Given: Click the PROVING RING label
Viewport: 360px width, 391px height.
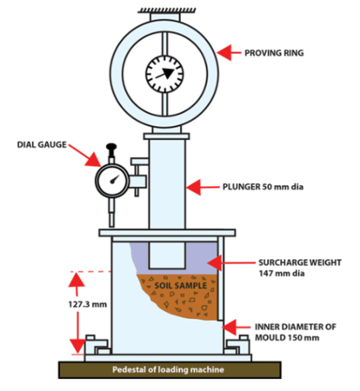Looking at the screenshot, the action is click(x=274, y=53).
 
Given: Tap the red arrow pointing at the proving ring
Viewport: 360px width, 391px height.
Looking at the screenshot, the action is click(x=229, y=53).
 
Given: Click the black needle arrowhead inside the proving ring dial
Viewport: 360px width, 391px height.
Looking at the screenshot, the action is click(x=168, y=73).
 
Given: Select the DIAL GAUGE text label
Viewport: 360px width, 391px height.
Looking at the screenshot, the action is click(x=42, y=144).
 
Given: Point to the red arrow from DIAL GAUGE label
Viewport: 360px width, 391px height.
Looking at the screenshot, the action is click(x=84, y=156).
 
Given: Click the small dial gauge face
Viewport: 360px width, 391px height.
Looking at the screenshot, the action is click(x=112, y=180).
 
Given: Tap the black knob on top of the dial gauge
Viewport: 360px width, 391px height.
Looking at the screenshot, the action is click(x=111, y=147).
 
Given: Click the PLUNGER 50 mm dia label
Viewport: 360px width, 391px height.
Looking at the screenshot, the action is click(x=263, y=187).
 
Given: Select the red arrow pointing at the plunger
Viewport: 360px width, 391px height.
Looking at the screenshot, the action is click(x=203, y=187).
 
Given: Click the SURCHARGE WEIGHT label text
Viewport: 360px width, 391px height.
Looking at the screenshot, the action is click(x=300, y=262).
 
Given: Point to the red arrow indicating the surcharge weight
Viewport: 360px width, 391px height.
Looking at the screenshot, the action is click(x=231, y=263).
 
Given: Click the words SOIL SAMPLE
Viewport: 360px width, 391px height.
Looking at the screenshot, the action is click(x=181, y=286).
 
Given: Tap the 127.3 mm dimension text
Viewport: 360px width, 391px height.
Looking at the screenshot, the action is click(x=88, y=304).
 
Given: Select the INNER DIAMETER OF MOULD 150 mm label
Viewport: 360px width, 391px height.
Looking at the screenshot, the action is click(x=296, y=332).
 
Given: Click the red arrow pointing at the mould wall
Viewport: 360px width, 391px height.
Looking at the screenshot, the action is click(x=237, y=328).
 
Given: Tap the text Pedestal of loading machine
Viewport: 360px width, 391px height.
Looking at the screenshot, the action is click(x=168, y=369).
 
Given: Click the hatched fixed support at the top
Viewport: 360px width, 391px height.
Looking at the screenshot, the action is click(x=167, y=10).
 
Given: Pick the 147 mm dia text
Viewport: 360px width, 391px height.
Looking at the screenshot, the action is click(x=282, y=273).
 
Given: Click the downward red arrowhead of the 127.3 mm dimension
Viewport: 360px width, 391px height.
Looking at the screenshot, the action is click(x=77, y=346).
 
